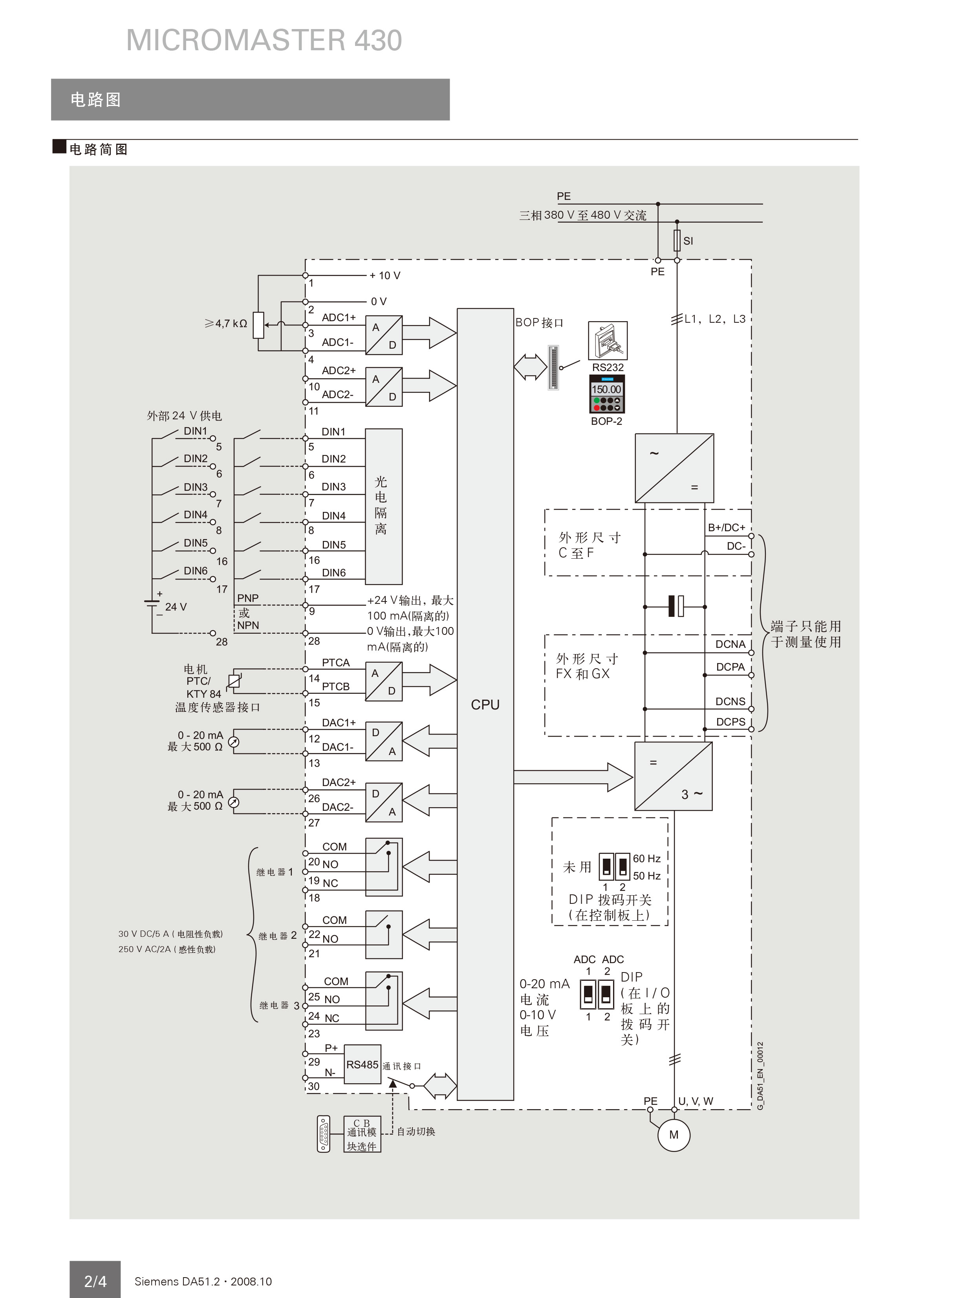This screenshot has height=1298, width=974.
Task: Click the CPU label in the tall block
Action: (485, 705)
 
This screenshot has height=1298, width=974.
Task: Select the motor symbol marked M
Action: (674, 1135)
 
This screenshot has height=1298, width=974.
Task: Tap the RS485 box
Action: (362, 1064)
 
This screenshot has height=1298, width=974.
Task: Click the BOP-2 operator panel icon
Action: (607, 394)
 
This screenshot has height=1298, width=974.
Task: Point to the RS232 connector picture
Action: (608, 340)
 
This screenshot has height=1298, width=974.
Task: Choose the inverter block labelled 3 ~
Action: (674, 776)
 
